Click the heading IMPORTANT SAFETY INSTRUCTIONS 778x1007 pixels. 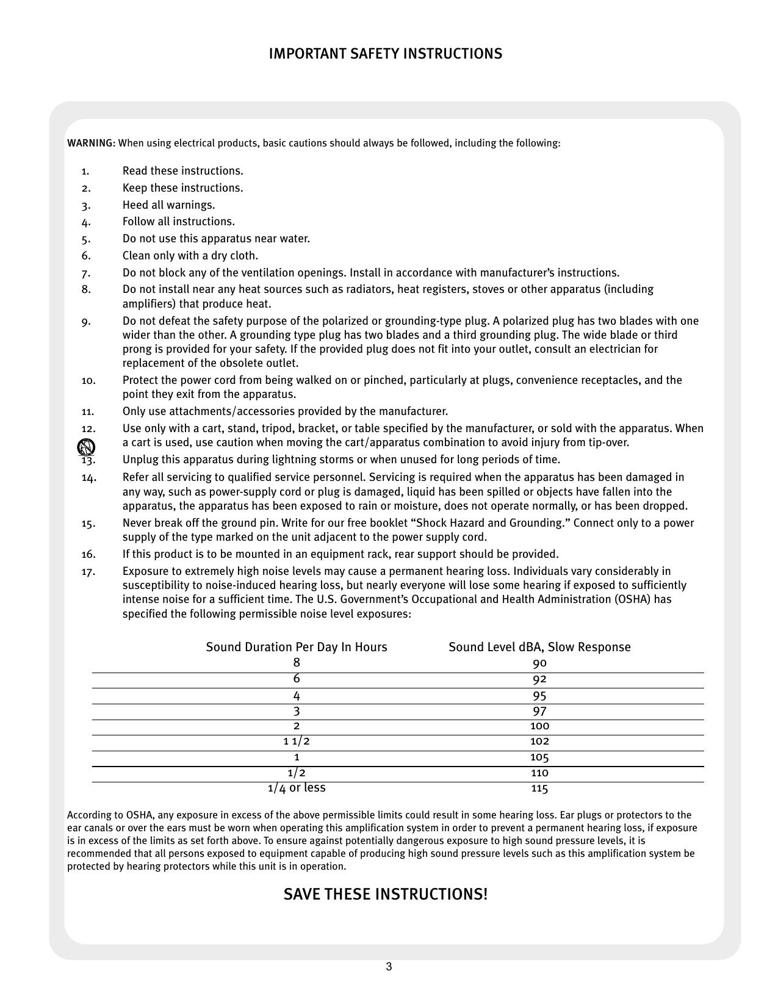click(386, 54)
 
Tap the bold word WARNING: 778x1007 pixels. click(91, 143)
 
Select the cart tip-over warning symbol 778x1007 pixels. click(86, 447)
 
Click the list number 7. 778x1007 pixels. click(86, 273)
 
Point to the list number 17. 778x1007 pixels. click(88, 572)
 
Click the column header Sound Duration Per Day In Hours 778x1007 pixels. click(297, 647)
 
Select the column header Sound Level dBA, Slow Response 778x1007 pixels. click(539, 647)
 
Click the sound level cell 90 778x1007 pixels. click(539, 663)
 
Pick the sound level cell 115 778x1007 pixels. click(539, 789)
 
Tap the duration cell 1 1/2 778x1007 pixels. click(297, 742)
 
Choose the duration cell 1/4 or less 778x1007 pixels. click(297, 788)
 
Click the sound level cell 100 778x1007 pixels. click(539, 726)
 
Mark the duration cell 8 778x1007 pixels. click(297, 663)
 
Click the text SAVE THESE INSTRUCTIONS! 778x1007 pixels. click(386, 894)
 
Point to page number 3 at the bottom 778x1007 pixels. click(389, 967)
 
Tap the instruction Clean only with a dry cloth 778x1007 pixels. click(190, 256)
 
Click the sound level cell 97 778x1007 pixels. click(539, 711)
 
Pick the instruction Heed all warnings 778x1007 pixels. click(169, 205)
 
